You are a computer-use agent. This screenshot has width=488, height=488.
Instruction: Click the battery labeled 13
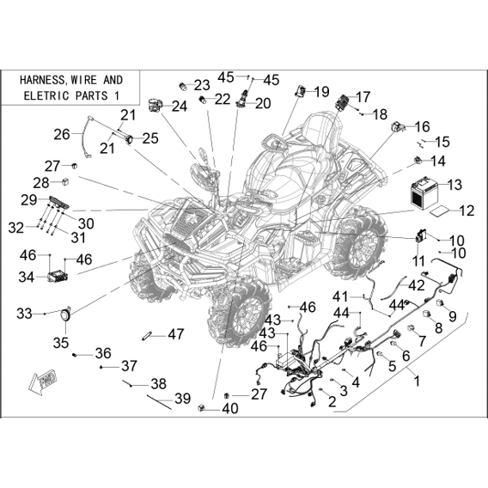pyautogui.click(x=424, y=193)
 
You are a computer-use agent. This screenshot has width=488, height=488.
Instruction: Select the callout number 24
pyautogui.click(x=180, y=107)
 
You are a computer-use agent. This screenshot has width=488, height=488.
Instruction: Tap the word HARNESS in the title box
pyautogui.click(x=42, y=80)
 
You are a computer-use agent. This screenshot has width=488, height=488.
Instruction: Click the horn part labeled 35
pyautogui.click(x=66, y=314)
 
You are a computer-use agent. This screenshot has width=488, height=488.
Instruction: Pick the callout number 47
pyautogui.click(x=176, y=334)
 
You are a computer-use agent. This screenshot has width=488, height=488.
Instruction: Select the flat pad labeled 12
pyautogui.click(x=439, y=211)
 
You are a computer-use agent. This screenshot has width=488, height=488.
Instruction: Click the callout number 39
pyautogui.click(x=182, y=399)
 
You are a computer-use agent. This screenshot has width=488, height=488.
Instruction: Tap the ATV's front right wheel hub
pyautogui.click(x=246, y=316)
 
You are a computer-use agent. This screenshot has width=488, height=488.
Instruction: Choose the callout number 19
pyautogui.click(x=321, y=92)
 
